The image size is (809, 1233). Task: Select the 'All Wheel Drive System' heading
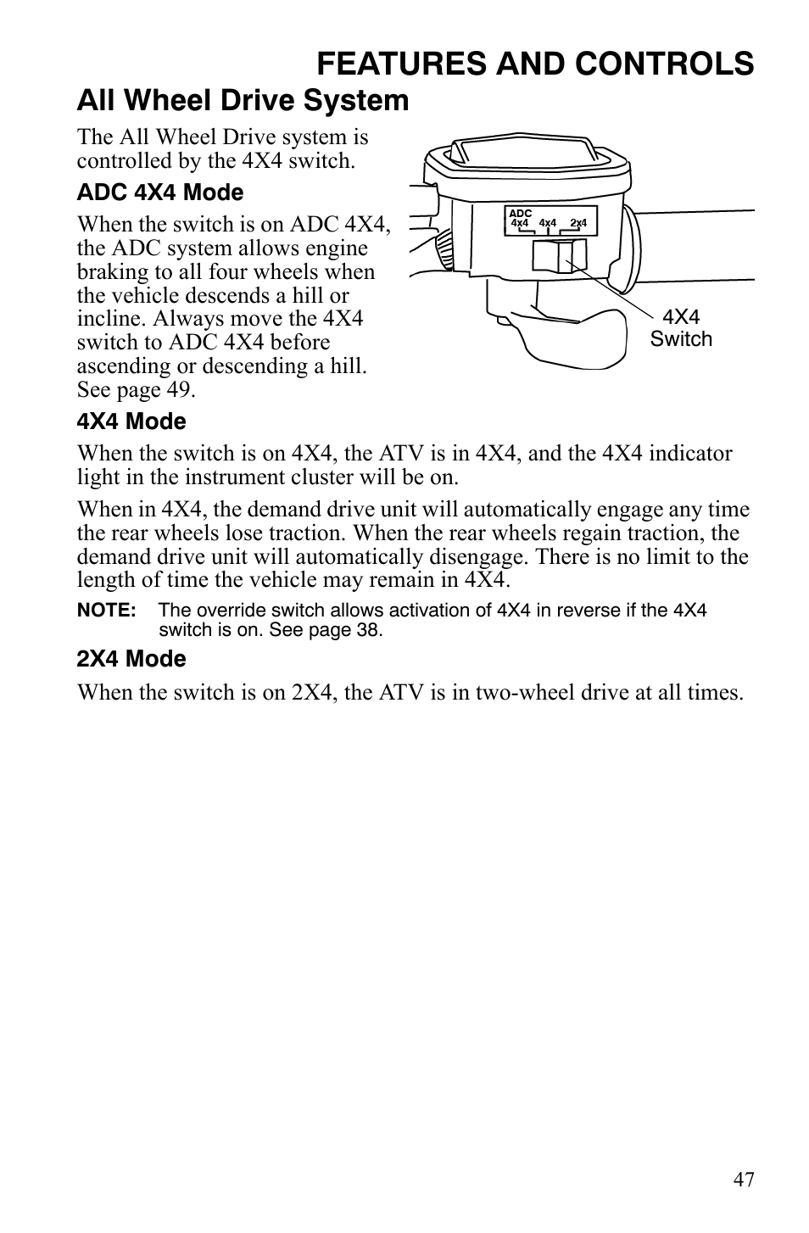coord(243,101)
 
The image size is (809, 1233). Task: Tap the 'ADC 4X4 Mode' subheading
coord(159,192)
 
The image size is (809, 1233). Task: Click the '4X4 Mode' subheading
coord(131,421)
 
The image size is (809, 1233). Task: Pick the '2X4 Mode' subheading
coord(131,659)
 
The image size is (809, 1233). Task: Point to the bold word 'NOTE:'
coord(106,611)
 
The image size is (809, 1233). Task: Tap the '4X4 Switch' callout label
coord(681,328)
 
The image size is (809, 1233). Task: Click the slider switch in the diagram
coord(560,255)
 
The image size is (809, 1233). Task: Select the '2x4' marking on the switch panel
coord(578,223)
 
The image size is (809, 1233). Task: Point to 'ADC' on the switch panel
coord(520,214)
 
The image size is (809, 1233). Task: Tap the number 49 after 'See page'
coord(181,390)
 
